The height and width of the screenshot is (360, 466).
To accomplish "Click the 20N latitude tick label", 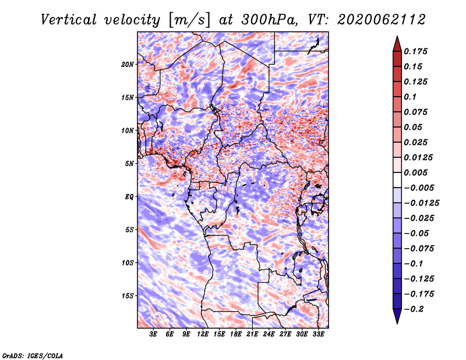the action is click(128, 65).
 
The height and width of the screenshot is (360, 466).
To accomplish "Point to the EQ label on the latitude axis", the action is click(129, 197).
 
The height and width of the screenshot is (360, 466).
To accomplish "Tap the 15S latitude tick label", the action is click(128, 296).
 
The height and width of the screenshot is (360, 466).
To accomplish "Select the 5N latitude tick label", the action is click(129, 164).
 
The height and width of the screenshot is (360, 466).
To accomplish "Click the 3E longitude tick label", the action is click(153, 334).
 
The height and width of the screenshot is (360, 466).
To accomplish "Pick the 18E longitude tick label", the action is click(236, 334).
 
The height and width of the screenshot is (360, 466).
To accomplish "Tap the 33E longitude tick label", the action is click(318, 334).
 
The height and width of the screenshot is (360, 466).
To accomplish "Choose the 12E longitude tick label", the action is click(203, 334).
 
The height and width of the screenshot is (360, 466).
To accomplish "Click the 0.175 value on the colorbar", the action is click(415, 51).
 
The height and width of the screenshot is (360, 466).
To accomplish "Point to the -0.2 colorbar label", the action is click(414, 309).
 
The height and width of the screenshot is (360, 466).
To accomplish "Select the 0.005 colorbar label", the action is click(415, 172).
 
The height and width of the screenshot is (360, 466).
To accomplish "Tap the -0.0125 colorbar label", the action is click(421, 203).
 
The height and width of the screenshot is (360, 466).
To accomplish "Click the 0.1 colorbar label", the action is click(410, 97).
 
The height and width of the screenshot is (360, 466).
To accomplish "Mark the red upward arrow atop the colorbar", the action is click(397, 44).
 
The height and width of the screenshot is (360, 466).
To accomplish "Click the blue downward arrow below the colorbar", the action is click(397, 316).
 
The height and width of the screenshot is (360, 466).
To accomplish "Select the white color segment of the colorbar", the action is click(397, 180).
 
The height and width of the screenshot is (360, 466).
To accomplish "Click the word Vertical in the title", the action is click(69, 20).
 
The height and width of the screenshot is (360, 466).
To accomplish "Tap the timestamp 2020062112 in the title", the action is click(382, 20).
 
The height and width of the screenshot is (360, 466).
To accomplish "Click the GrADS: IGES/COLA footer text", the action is click(33, 356).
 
